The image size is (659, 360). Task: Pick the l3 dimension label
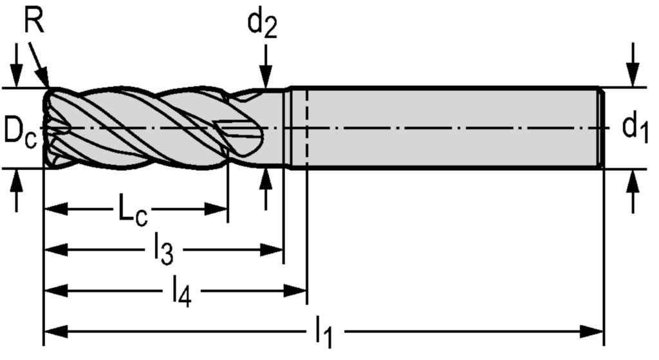pos(164,251)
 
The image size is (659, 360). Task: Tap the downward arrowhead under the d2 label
pos(265,79)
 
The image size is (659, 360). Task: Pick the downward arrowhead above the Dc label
pos(17,77)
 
